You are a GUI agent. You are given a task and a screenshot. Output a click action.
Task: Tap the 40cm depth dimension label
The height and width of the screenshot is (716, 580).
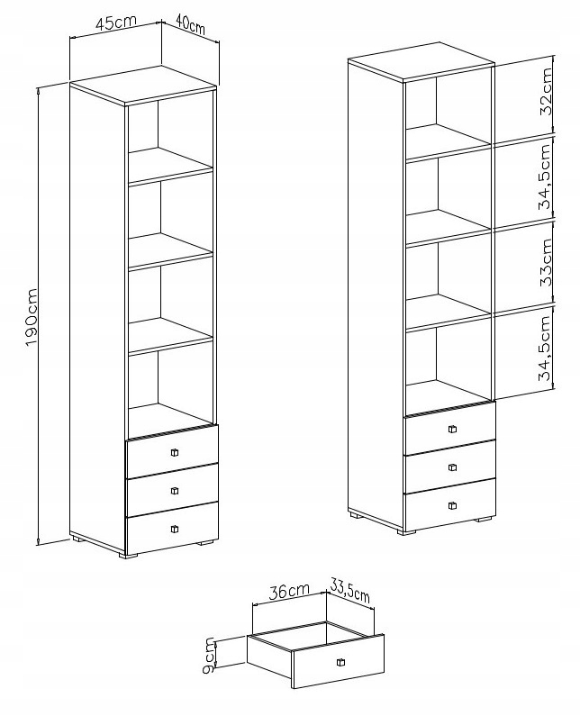tap(190, 26)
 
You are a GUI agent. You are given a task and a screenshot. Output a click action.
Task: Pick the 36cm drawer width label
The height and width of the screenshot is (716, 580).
tap(289, 592)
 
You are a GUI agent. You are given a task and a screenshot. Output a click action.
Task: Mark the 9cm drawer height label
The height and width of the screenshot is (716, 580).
tap(210, 655)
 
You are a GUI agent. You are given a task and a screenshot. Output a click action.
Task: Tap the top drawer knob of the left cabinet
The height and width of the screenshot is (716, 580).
tap(174, 452)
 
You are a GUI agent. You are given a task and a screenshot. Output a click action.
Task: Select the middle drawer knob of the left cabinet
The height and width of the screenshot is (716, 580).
tap(174, 491)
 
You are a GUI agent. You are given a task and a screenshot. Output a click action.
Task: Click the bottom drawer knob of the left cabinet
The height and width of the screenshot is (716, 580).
tap(174, 529)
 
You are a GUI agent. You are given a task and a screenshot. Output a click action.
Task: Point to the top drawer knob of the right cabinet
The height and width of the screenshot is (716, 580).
tap(452, 429)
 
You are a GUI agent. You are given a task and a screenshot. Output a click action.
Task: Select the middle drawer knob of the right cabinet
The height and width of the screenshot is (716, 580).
tap(452, 467)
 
